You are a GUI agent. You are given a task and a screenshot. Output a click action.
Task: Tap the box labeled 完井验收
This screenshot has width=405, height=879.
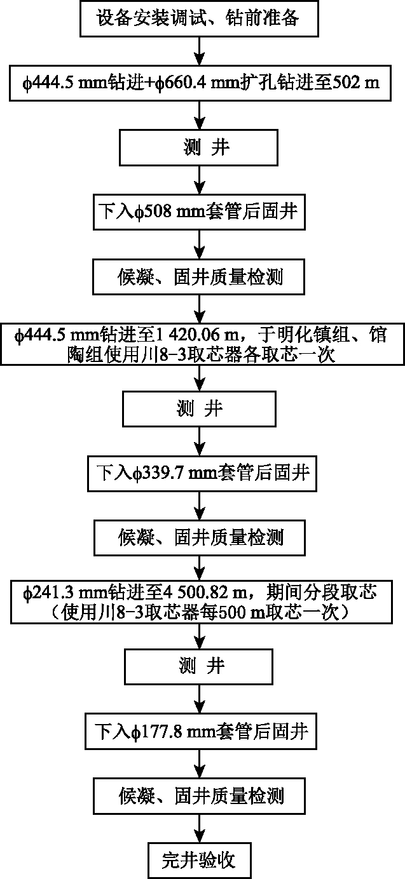pyautogui.click(x=200, y=860)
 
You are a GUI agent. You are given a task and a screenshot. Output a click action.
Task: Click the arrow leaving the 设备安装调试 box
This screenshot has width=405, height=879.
pyautogui.click(x=200, y=51)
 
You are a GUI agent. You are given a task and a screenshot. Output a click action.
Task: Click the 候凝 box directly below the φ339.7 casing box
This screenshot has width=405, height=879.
pyautogui.click(x=200, y=538)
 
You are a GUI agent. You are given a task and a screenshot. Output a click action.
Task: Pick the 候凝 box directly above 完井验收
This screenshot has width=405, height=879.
pyautogui.click(x=200, y=796)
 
